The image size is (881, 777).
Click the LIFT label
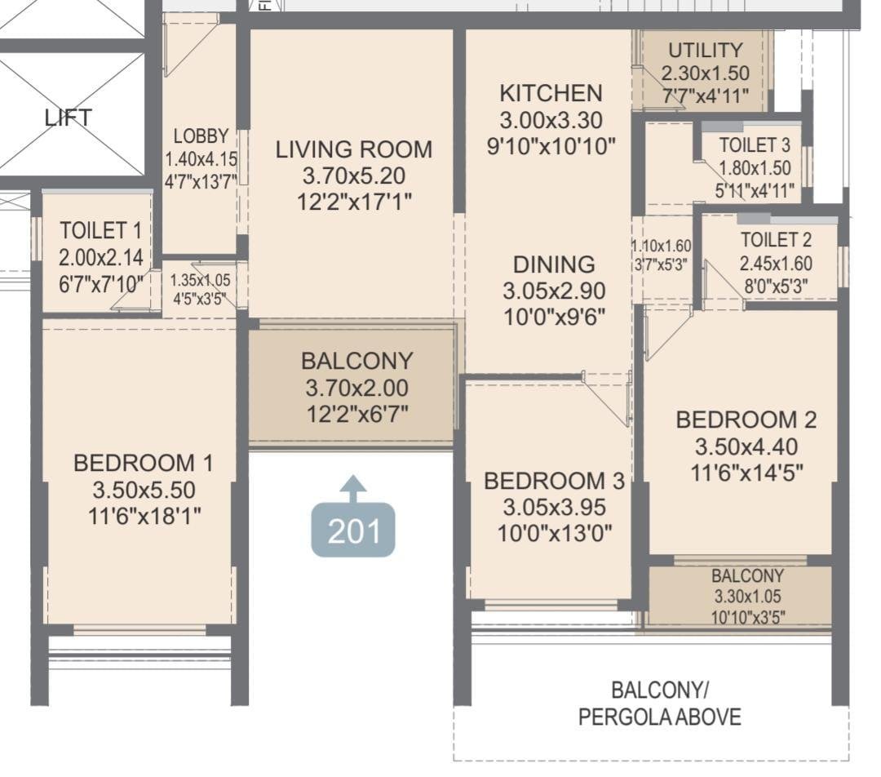coord(68,118)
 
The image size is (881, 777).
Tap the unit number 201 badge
coord(353,531)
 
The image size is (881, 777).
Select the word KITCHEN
coord(551,93)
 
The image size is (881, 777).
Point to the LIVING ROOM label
coord(353,149)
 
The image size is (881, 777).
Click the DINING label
coord(554,264)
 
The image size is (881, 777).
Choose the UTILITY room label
coord(705,51)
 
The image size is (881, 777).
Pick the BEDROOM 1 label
coord(143,464)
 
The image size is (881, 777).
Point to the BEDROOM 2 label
coord(746,420)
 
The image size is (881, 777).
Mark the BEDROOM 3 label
coord(554,482)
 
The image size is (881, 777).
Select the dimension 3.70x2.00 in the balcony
coord(356,388)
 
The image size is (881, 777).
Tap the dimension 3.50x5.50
coord(143,491)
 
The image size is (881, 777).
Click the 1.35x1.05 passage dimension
coord(200,279)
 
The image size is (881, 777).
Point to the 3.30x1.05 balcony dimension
coord(747,597)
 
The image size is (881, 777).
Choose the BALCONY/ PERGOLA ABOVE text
coord(660,704)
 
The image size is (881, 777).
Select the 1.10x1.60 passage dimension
coord(661,245)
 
